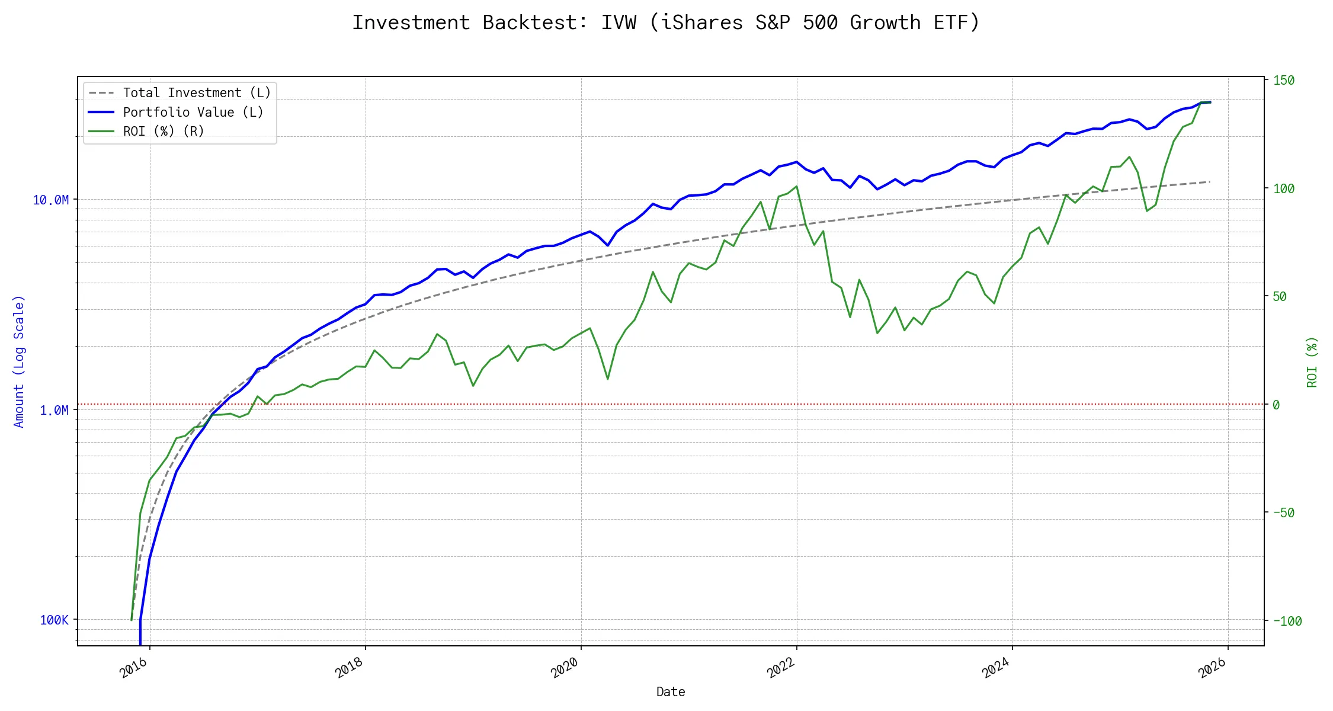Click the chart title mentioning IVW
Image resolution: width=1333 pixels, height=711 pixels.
pyautogui.click(x=666, y=23)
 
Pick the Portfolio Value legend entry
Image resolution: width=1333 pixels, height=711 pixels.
pyautogui.click(x=193, y=113)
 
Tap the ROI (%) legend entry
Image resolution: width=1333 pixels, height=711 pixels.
pyautogui.click(x=164, y=132)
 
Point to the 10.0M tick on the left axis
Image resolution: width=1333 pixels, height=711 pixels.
pyautogui.click(x=51, y=200)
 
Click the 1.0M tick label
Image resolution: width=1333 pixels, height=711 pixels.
pyautogui.click(x=54, y=411)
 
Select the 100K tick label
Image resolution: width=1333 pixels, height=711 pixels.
pyautogui.click(x=54, y=620)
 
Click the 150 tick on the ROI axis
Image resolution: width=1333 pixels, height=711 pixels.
pyautogui.click(x=1284, y=81)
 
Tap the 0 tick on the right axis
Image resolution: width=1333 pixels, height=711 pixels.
pyautogui.click(x=1276, y=405)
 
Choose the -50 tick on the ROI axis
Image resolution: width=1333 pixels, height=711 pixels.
pyautogui.click(x=1284, y=513)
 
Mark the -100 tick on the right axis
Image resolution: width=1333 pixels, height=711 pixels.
pyautogui.click(x=1287, y=622)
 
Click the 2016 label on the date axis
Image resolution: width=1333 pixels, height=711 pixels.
pyautogui.click(x=133, y=668)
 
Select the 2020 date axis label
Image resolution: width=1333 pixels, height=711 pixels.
pyautogui.click(x=565, y=668)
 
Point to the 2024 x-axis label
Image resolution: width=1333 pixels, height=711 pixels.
pyautogui.click(x=996, y=668)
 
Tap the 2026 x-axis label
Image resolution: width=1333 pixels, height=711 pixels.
pyautogui.click(x=1212, y=668)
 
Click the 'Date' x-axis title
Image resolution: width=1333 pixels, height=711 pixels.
pyautogui.click(x=671, y=692)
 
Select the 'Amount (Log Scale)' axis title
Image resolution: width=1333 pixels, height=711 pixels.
pyautogui.click(x=19, y=361)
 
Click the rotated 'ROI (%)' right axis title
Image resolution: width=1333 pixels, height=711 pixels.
pyautogui.click(x=1312, y=363)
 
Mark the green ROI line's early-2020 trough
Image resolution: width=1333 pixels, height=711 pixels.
pyautogui.click(x=608, y=379)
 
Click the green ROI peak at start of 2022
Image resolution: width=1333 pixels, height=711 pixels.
pyautogui.click(x=797, y=187)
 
